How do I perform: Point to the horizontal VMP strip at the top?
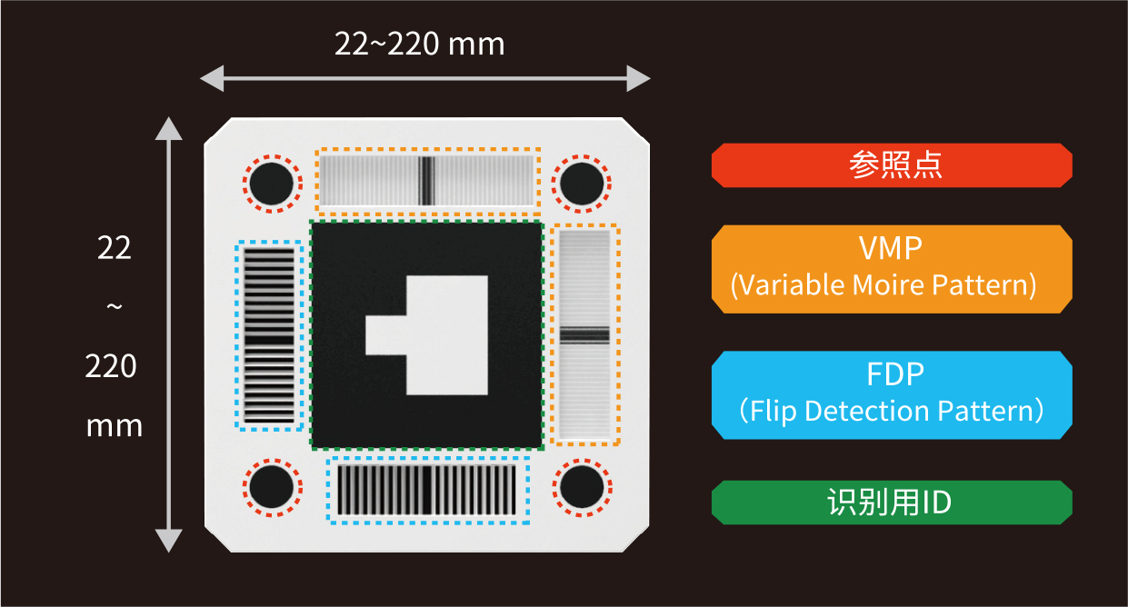click(426, 179)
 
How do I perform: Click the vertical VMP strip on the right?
click(584, 334)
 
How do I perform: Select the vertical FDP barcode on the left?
click(269, 335)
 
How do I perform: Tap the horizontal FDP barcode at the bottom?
click(428, 491)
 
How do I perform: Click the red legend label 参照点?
click(892, 165)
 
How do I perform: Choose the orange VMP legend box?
click(892, 269)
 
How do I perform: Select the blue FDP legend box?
click(892, 395)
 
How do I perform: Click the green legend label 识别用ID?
click(892, 503)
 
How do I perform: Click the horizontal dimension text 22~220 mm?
click(420, 45)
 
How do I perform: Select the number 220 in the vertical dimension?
click(112, 367)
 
